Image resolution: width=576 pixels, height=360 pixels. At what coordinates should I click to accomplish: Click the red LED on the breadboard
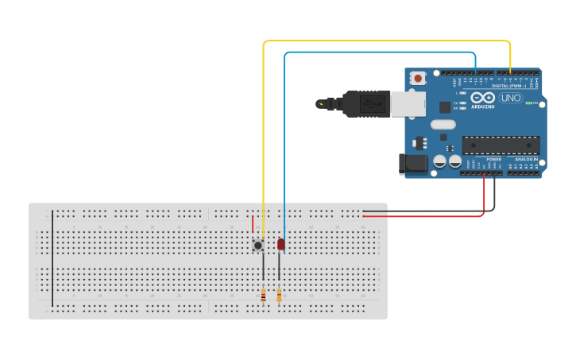[x=281, y=244]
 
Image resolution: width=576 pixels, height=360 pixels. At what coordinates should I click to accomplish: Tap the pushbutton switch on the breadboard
[x=258, y=245]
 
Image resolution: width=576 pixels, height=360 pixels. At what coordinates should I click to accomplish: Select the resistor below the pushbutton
[x=263, y=296]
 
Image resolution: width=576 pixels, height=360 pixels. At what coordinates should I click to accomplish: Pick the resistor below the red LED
[x=279, y=296]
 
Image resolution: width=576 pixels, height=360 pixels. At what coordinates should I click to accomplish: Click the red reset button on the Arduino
[x=418, y=78]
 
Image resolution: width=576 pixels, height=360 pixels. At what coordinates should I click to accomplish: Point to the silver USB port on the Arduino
[x=408, y=103]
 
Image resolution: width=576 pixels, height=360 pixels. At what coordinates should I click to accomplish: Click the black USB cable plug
[x=365, y=103]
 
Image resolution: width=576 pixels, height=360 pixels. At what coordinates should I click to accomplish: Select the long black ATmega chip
[x=501, y=145]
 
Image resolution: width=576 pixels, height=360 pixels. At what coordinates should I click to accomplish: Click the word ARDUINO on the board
[x=483, y=106]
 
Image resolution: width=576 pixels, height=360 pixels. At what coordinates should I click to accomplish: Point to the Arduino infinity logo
[x=482, y=97]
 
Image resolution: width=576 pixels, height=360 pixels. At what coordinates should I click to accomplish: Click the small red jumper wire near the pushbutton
[x=253, y=224]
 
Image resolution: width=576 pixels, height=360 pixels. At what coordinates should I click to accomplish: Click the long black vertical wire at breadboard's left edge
[x=52, y=258]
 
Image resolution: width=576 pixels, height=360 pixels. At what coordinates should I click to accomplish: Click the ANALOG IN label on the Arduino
[x=525, y=160]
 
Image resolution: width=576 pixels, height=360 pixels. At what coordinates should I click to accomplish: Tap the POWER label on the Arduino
[x=493, y=160]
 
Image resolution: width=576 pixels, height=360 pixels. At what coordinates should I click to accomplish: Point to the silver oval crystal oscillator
[x=443, y=124]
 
